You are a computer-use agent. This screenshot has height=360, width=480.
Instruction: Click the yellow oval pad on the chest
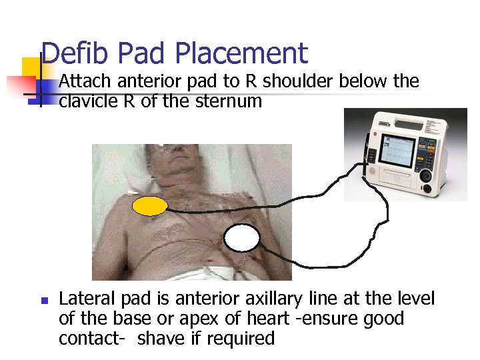tap(150, 207)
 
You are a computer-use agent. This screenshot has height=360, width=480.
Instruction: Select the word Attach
tap(86, 81)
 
